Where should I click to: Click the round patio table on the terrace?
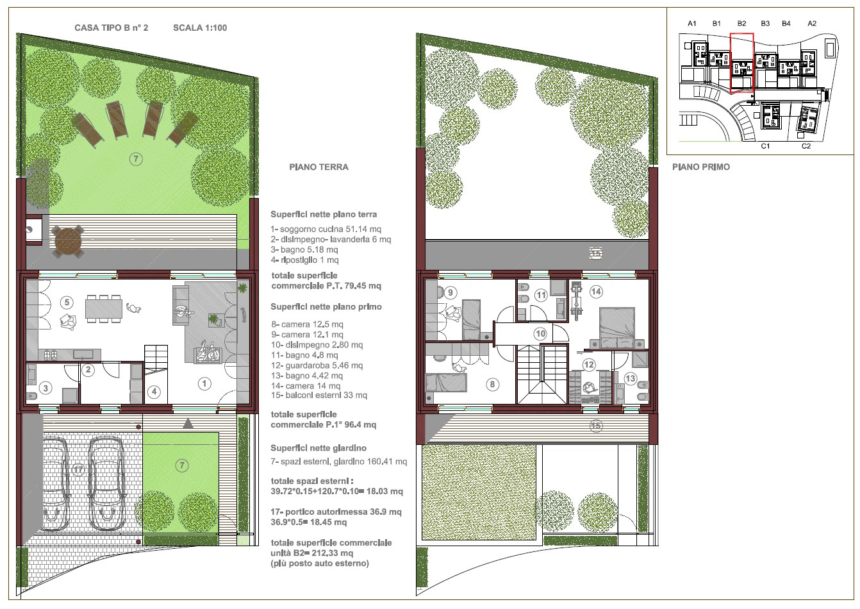coord(68,242)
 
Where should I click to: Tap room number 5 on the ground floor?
coord(67,303)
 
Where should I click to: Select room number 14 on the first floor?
coord(596,292)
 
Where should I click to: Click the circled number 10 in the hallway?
coord(540,334)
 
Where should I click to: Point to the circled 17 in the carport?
coord(78,470)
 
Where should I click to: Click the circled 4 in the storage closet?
coord(154,392)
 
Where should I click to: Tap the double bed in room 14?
coord(617,328)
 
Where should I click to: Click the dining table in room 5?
coord(104,309)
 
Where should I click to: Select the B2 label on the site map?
coord(741,24)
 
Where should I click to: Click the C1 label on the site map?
coord(765,146)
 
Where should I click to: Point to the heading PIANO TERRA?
coord(318,167)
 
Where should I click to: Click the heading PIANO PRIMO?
coord(701,167)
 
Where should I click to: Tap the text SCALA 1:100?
coord(200,28)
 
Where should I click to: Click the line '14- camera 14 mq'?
coord(306,386)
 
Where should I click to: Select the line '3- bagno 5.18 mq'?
coord(304,249)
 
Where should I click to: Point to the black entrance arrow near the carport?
coord(188,424)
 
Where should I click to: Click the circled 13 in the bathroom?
coord(631,379)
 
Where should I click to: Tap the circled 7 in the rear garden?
coord(136,159)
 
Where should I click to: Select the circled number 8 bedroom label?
coord(492,385)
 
